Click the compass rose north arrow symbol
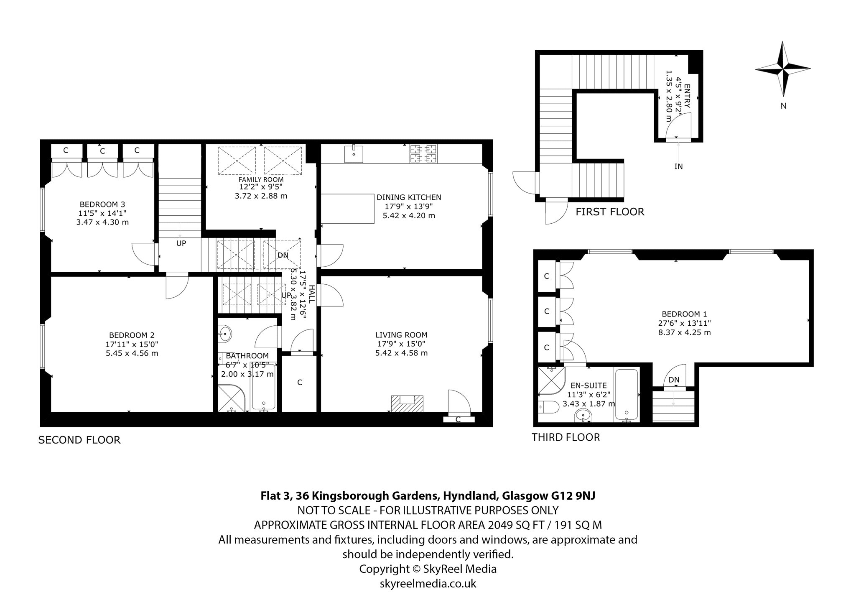[x=783, y=69]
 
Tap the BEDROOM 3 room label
[x=102, y=204]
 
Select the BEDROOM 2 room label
[x=132, y=335]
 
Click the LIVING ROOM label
[x=401, y=334]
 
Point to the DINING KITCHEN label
[x=409, y=197]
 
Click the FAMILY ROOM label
[x=261, y=180]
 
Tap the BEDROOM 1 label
[x=684, y=314]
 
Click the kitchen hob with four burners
[x=423, y=153]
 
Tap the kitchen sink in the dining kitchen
[x=354, y=153]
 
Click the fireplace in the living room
[x=408, y=403]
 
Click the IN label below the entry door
[x=678, y=166]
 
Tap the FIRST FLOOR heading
[x=610, y=212]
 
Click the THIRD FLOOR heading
[x=566, y=437]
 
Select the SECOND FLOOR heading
[x=79, y=440]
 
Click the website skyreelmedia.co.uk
[x=428, y=583]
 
